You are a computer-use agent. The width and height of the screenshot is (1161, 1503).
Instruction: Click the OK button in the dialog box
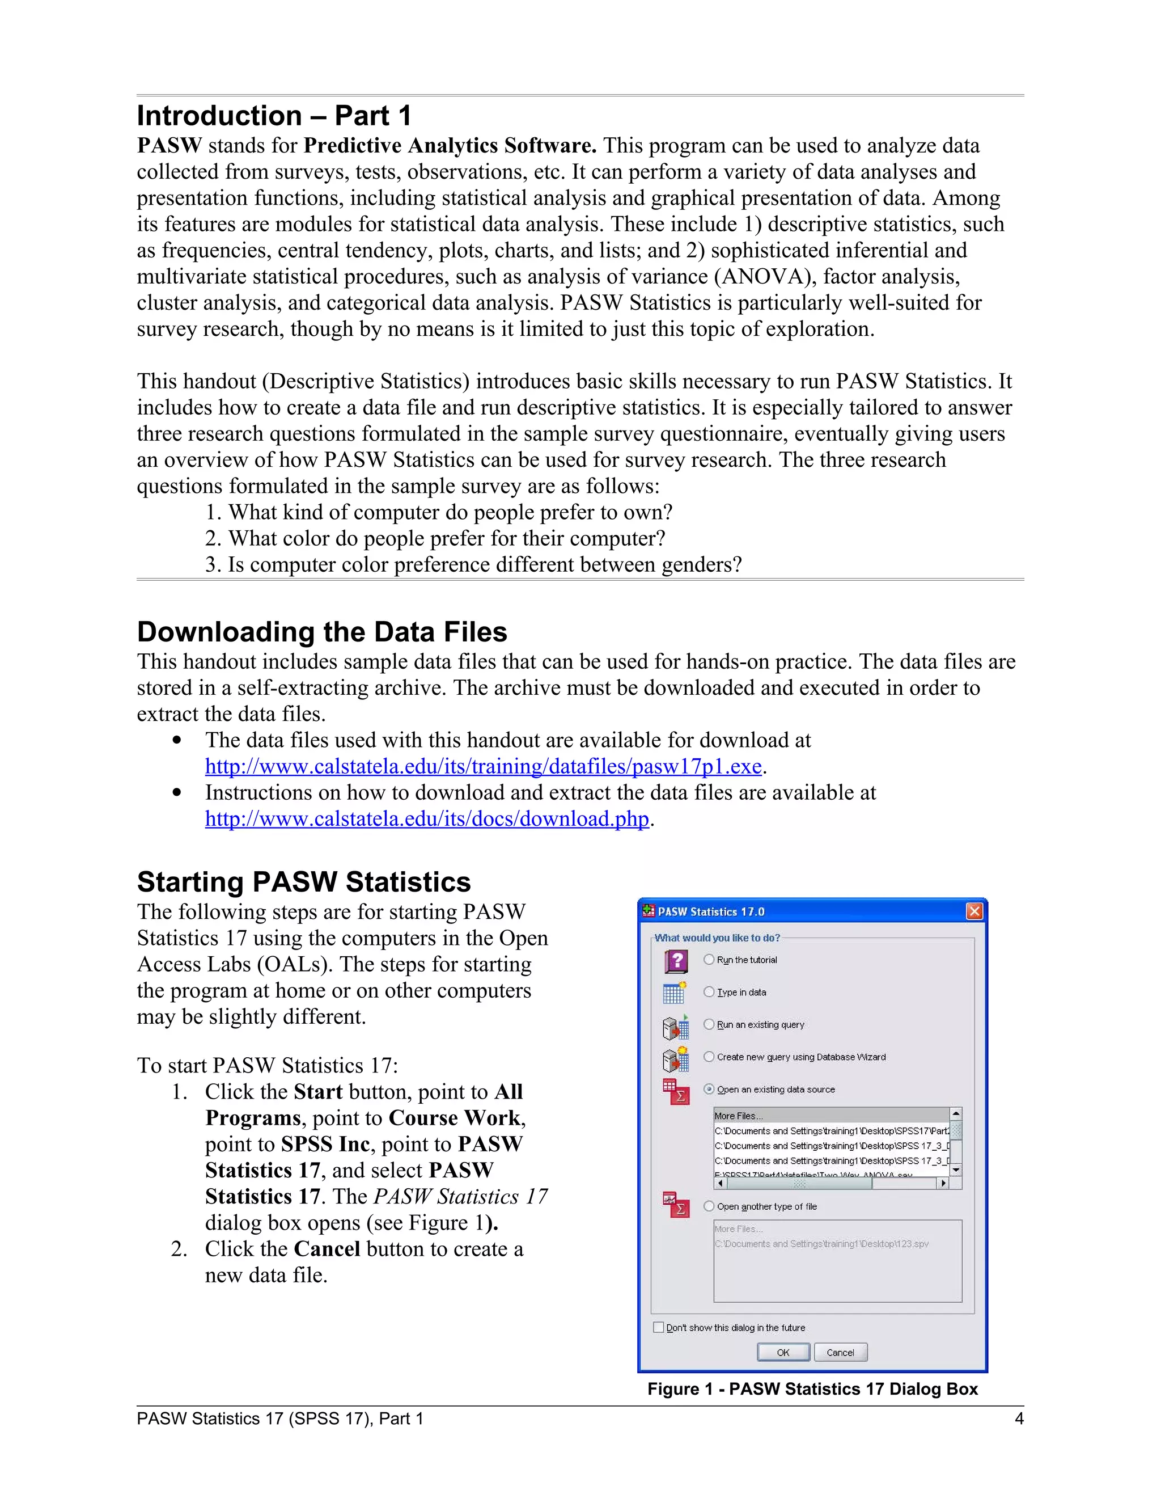(783, 1352)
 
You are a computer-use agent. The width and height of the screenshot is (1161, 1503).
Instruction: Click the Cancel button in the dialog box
(840, 1352)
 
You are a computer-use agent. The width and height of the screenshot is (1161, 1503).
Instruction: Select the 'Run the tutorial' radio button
(709, 959)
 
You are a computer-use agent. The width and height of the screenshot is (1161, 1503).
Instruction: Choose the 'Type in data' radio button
(709, 991)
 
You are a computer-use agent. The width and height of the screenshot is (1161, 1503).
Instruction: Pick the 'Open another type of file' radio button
(709, 1206)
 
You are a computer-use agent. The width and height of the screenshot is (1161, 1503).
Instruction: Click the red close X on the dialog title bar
(974, 911)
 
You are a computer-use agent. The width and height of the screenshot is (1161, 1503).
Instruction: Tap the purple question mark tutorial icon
(676, 961)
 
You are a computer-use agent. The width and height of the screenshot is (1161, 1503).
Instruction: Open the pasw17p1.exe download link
(483, 766)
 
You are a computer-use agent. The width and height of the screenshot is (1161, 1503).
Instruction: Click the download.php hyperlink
(426, 818)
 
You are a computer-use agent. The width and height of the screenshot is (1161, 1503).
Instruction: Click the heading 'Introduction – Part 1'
(274, 116)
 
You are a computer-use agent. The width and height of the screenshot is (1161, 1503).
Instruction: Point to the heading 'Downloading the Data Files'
(322, 632)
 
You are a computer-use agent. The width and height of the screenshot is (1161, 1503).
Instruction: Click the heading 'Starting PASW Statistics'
(303, 881)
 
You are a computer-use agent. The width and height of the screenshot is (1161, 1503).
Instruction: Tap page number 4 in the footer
(1019, 1418)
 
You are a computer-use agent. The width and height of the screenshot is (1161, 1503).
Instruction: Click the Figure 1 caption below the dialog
(812, 1389)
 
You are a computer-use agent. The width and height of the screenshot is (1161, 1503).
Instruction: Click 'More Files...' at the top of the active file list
(738, 1116)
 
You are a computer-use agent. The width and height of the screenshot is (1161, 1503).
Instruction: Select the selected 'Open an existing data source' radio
(709, 1089)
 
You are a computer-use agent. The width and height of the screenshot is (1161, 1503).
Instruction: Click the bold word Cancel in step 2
(327, 1248)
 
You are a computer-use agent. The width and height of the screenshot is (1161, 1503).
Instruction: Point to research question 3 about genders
(473, 564)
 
